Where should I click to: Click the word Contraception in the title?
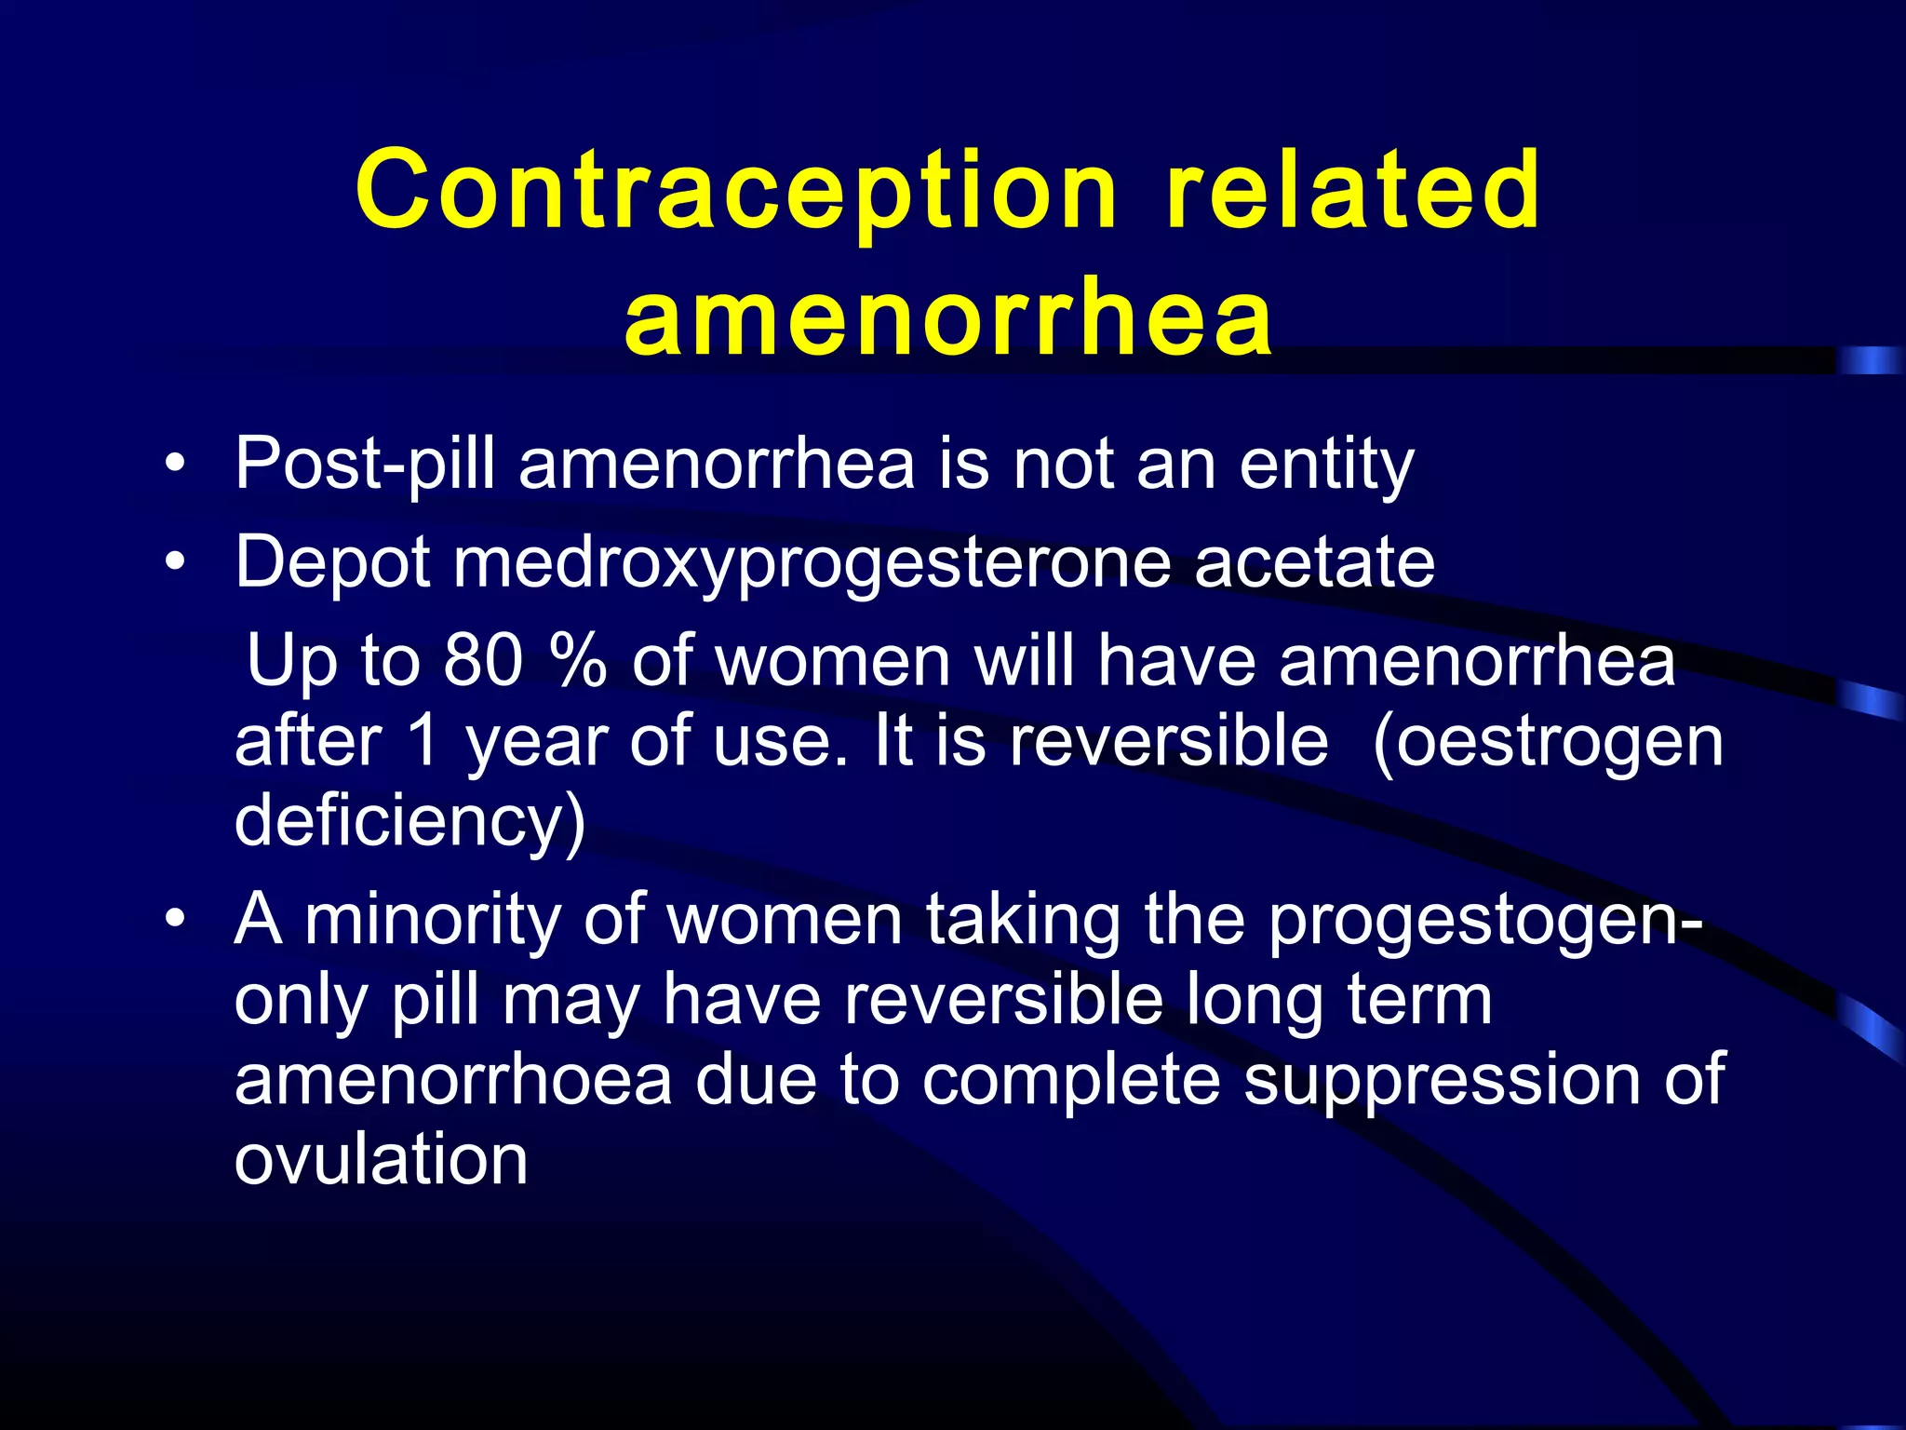pos(735,191)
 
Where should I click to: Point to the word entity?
pos(1326,464)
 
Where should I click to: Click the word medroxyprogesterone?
pos(811,564)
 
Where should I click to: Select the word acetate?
pos(1314,562)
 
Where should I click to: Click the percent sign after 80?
pos(578,660)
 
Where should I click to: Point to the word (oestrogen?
pos(1548,743)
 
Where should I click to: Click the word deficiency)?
pos(409,821)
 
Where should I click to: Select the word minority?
pos(432,921)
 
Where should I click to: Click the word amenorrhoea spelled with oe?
pos(452,1080)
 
